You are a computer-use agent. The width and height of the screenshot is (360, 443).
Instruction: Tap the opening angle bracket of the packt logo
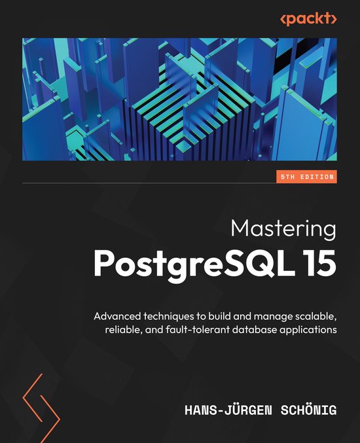(283, 19)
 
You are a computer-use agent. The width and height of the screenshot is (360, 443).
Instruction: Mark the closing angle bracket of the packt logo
(334, 19)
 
